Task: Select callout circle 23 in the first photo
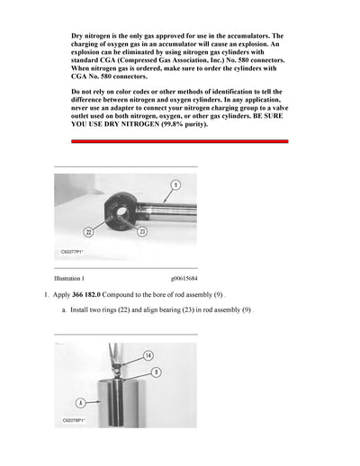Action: coord(142,232)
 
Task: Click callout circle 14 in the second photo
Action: coord(148,356)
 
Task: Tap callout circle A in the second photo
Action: coord(80,404)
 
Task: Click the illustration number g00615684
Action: coord(188,280)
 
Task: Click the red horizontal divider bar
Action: coord(180,141)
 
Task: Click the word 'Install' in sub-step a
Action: coord(82,310)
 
